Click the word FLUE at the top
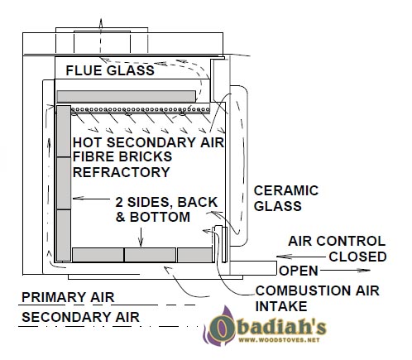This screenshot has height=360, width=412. pos(84,70)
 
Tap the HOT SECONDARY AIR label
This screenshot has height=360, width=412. pos(148,142)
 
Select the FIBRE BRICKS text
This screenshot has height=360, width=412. pos(122,156)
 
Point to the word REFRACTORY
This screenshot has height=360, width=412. pos(122,172)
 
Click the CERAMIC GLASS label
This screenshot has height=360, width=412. pos(286,199)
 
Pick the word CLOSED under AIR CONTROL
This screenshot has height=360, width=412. pos(357,257)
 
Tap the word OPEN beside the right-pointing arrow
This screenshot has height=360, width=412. pos(299,271)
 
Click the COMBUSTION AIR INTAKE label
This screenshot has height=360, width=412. pos(317,299)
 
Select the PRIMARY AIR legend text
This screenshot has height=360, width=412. pos(68,297)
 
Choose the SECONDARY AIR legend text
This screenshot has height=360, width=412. pos(80,317)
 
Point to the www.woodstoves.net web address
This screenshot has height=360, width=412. pos(279,340)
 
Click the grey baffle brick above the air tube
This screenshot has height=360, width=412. pos(127,97)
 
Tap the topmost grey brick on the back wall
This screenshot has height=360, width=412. pos(64,132)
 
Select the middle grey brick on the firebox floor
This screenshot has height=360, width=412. pos(151,255)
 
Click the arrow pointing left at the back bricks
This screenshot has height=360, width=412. pos(92,198)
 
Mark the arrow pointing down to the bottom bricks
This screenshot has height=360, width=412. pos(141,237)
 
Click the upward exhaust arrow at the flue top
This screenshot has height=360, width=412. pos(101,36)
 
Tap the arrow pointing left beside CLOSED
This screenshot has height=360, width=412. pos(301,257)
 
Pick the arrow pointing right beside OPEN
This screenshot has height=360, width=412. pos(345,271)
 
